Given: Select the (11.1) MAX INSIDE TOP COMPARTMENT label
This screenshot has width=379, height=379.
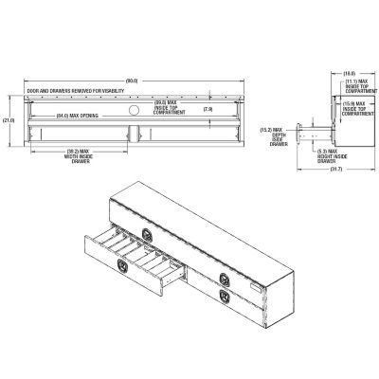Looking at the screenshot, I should point(358,86).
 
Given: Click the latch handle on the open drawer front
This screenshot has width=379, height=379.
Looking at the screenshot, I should point(122,269).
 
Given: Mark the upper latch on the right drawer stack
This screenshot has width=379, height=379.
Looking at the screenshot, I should point(225,278).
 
